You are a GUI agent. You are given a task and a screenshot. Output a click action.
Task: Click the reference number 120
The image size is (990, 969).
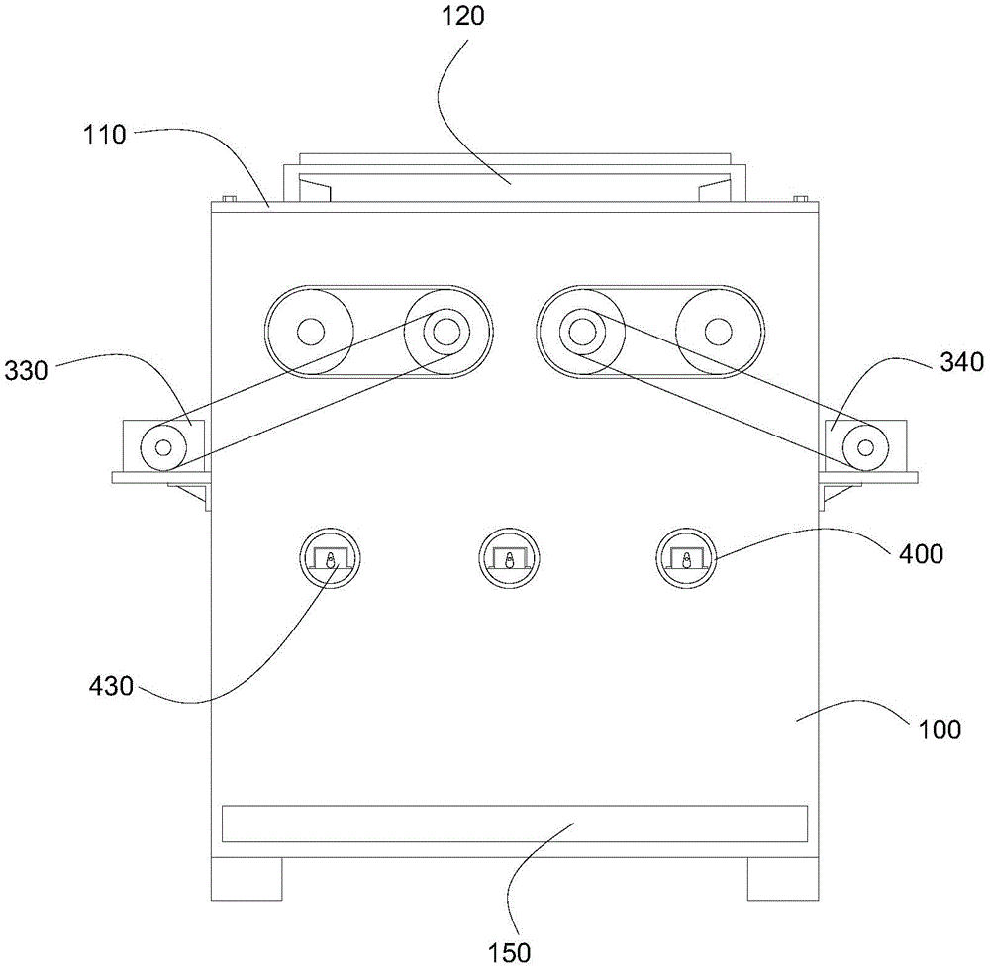coord(462,15)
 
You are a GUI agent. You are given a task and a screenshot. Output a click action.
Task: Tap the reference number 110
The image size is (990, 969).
coord(105,134)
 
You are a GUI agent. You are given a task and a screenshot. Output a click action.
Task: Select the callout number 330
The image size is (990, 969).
coord(26,370)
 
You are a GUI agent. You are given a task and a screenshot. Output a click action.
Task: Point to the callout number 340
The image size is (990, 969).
coord(962,362)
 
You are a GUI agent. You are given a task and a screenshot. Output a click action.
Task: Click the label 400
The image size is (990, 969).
coord(921,554)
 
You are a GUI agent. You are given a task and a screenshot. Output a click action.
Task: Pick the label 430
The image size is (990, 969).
coord(111,686)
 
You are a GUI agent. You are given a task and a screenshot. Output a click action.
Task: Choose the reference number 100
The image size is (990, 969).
coord(940,729)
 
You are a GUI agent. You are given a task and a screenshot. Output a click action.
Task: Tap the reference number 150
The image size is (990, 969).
coord(509,952)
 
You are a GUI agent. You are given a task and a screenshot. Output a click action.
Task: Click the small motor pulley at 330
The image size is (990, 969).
coord(163,447)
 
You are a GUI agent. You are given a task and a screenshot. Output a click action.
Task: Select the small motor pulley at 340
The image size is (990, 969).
coord(865,448)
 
